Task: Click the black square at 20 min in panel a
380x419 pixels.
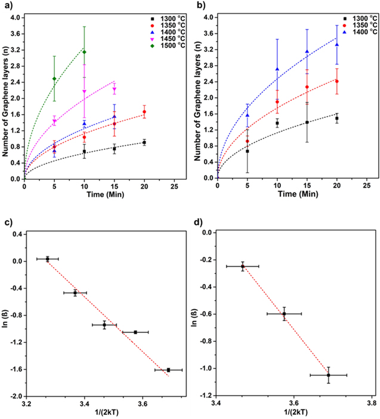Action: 144,142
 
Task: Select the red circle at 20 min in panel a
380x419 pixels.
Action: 144,112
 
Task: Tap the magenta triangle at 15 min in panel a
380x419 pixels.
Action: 114,90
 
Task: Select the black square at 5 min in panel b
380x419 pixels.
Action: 247,151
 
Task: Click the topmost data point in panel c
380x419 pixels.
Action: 47,259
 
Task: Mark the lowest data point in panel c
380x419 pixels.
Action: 168,370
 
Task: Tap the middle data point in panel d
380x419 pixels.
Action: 284,313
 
